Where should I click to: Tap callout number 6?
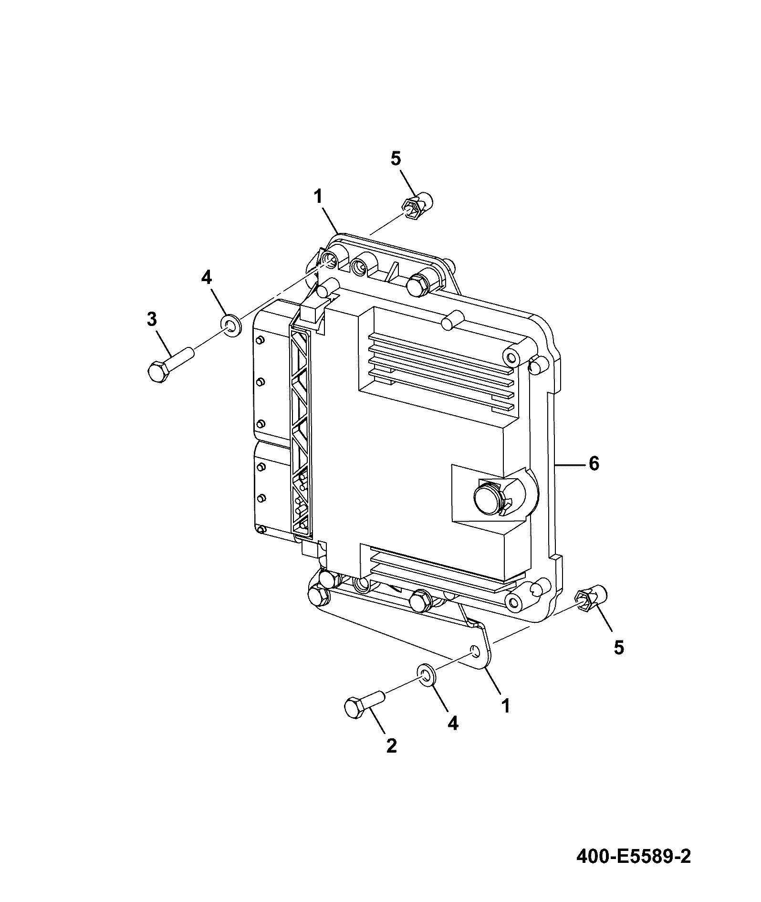[x=594, y=463]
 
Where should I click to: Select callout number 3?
[x=151, y=319]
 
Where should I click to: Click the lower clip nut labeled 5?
[x=591, y=600]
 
